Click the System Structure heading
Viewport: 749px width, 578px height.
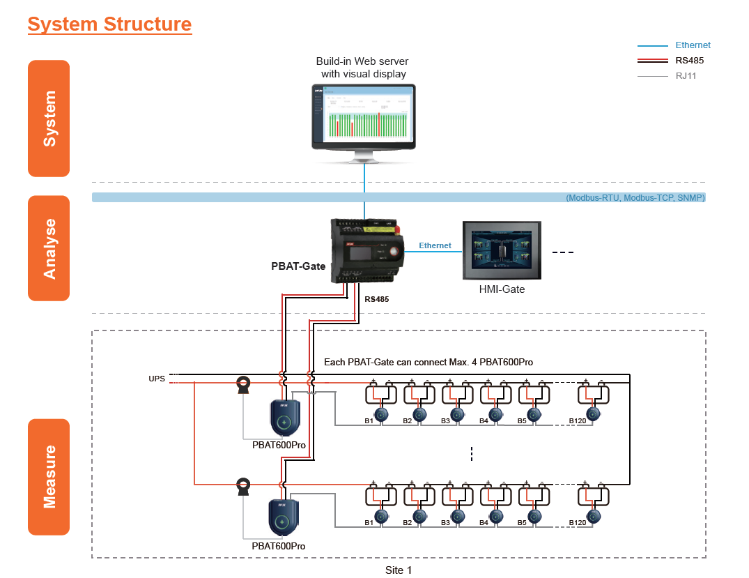click(x=109, y=24)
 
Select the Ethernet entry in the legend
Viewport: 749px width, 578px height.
click(x=693, y=45)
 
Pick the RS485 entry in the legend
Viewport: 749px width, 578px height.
click(x=689, y=61)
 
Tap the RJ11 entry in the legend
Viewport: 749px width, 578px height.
click(x=686, y=76)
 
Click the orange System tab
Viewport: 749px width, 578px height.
click(x=49, y=119)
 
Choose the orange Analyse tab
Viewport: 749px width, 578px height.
click(x=49, y=248)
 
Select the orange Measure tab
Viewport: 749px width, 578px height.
click(x=49, y=477)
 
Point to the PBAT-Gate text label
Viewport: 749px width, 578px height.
click(x=298, y=266)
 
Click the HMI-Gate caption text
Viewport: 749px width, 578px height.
click(x=501, y=289)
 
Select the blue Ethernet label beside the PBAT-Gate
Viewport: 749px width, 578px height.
click(x=435, y=245)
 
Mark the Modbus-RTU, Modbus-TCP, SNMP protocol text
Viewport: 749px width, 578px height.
click(x=635, y=198)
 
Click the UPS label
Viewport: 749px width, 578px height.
click(x=156, y=379)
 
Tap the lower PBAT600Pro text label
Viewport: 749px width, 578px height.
click(x=279, y=546)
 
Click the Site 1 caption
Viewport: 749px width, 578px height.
click(x=399, y=570)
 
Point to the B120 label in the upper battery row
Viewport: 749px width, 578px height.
click(x=578, y=420)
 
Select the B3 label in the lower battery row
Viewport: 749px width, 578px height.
click(x=445, y=522)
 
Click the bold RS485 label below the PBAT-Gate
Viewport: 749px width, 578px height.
click(x=376, y=299)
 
